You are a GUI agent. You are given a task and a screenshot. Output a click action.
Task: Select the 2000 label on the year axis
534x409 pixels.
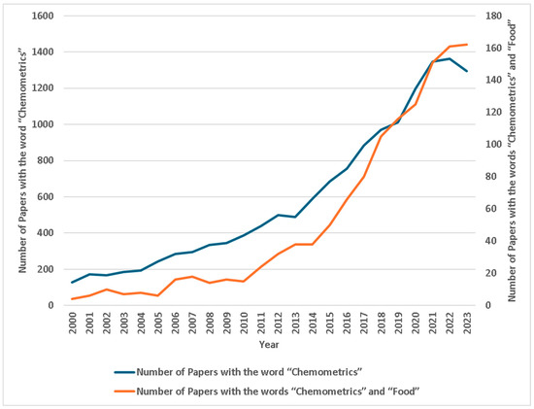point(74,322)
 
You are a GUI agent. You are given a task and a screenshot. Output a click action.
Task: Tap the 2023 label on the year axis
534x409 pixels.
point(467,322)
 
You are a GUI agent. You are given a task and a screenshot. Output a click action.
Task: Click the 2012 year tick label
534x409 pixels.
point(279,322)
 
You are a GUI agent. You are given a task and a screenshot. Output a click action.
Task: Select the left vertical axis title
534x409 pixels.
point(21,160)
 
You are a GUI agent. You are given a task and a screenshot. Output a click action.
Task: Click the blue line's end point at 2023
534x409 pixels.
point(467,71)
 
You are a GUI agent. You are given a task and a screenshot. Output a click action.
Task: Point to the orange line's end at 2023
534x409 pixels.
point(467,44)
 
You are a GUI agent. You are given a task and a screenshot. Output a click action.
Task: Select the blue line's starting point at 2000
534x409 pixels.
point(73,283)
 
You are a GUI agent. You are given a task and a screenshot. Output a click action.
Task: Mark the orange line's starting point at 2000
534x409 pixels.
point(73,299)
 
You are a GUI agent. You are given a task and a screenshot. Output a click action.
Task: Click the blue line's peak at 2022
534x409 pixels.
point(450,58)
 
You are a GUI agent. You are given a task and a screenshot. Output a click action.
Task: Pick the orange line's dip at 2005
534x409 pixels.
point(158,295)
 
